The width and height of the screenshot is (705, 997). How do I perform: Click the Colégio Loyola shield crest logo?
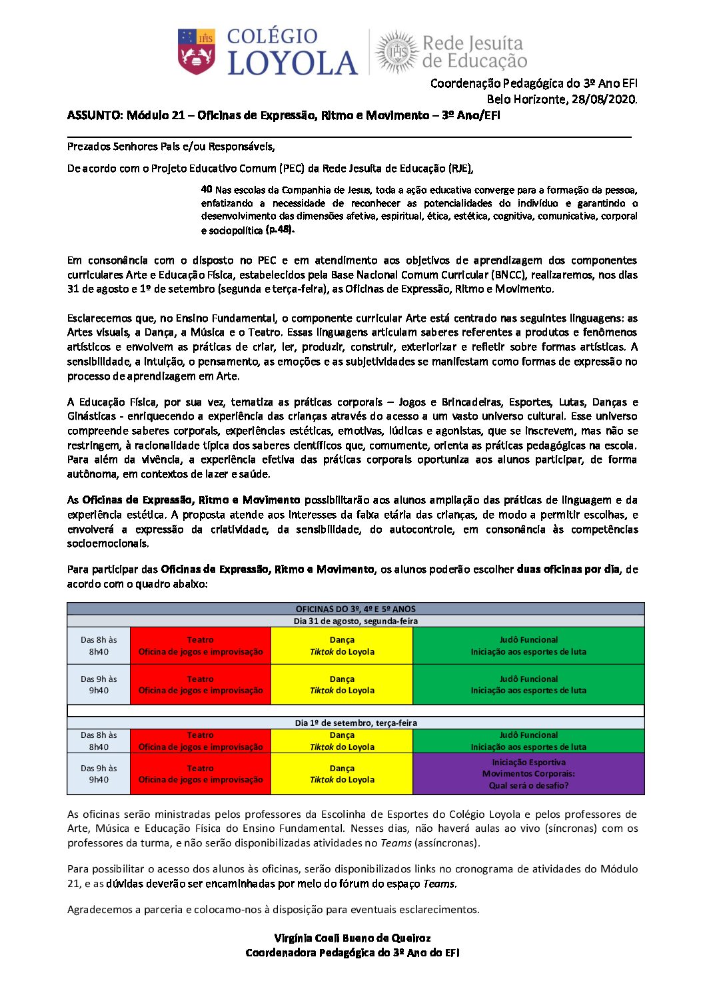(x=197, y=51)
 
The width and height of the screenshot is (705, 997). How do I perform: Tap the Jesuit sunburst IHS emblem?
(x=397, y=51)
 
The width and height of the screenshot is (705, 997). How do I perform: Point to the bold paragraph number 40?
(x=207, y=189)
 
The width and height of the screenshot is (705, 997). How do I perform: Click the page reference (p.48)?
(x=280, y=230)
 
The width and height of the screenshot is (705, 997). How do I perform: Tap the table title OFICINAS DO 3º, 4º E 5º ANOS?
(x=355, y=609)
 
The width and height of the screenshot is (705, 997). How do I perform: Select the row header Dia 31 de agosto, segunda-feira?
(x=355, y=621)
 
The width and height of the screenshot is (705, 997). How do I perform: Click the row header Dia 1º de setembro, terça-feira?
(x=355, y=723)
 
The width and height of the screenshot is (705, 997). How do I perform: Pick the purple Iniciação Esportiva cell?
(x=528, y=774)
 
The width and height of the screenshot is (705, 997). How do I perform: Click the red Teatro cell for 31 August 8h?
(x=201, y=645)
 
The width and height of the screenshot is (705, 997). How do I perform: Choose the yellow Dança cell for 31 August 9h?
(x=342, y=685)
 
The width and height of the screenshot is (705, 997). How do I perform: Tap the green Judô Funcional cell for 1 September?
(x=528, y=741)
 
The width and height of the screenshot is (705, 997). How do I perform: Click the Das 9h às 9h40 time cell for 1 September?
(x=99, y=774)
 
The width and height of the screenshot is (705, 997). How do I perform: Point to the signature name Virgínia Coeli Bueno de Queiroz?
(x=352, y=938)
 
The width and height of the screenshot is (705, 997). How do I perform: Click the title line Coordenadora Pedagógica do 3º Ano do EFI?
(x=352, y=952)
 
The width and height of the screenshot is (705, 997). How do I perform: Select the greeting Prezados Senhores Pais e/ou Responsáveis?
(x=171, y=146)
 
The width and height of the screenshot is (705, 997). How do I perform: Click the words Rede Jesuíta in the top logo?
(x=472, y=43)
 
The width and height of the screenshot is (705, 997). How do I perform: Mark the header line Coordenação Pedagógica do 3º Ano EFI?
(x=533, y=83)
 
